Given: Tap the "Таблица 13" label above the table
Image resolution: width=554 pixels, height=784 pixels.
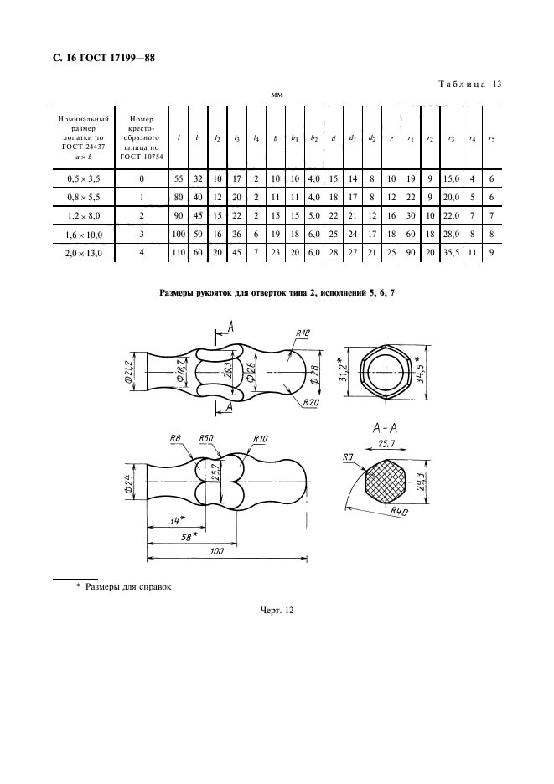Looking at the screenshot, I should pos(470,84).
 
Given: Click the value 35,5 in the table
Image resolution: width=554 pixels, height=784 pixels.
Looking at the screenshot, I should pos(451,252).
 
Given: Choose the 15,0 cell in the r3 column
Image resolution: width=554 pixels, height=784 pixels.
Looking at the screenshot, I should pos(451,179).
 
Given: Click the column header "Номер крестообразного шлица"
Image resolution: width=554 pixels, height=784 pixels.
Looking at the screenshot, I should pos(142,137).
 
